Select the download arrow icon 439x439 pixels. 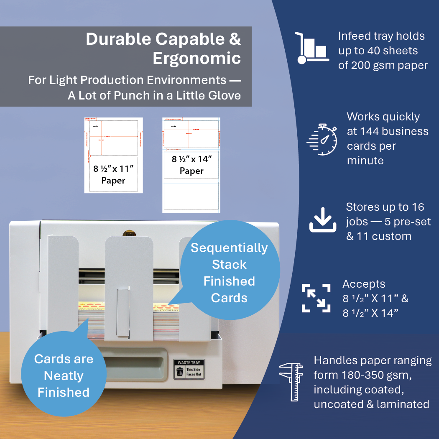(322, 221)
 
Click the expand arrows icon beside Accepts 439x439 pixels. (316, 298)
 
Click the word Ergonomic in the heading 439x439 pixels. (197, 58)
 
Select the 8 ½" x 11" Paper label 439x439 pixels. (113, 175)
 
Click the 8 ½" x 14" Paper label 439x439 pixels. (191, 165)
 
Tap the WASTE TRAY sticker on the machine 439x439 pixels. (189, 369)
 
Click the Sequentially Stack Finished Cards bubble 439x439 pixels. (229, 273)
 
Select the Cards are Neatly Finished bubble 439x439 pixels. (64, 375)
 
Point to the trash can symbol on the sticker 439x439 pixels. (180, 372)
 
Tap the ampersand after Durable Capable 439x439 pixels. (235, 39)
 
